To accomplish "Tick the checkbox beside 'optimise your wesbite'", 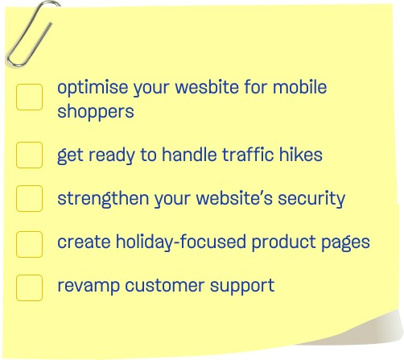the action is pos(29,97).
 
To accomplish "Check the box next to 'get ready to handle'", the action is pos(29,155).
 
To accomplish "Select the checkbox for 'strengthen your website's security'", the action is pos(29,198).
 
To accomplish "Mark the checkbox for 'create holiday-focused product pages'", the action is pos(29,244).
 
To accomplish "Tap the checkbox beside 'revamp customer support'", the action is pos(29,288).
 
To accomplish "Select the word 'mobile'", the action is pos(300,87).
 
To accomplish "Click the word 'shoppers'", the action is pos(96,112).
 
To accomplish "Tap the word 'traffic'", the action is pos(248,155).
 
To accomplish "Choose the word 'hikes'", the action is pos(301,155).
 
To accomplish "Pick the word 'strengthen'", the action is pos(103,199).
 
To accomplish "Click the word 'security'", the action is pos(311,199).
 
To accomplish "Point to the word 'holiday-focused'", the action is pos(181,242).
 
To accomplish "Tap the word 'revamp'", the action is pos(89,286).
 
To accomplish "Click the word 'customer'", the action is pos(165,285).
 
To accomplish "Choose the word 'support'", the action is pos(242,286).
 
